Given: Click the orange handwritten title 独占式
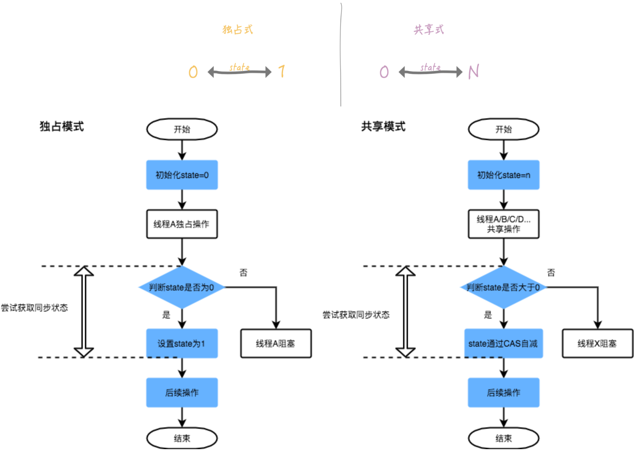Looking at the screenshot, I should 237,29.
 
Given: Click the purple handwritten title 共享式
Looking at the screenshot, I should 429,29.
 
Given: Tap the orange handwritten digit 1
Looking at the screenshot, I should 281,71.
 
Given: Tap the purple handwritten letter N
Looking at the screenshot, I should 474,72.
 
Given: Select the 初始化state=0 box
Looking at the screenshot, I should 182,175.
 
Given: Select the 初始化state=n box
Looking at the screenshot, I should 503,175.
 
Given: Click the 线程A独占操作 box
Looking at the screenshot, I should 182,224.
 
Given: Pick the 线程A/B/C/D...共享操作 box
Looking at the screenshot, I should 503,224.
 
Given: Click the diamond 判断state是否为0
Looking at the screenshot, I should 182,287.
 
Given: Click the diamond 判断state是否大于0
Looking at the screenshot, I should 503,287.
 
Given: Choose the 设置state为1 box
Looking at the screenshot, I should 182,343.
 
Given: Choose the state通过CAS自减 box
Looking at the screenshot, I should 503,343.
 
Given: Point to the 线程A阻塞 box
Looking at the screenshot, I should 276,343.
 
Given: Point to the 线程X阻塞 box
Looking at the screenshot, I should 597,343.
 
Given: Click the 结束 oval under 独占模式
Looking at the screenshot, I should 182,438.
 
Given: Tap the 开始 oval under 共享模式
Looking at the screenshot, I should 503,129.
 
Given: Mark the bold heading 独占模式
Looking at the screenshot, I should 62,126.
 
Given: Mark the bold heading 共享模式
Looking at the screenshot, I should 383,126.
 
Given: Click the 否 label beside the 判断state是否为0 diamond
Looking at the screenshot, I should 243,273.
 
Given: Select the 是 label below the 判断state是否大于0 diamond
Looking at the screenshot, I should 488,315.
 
